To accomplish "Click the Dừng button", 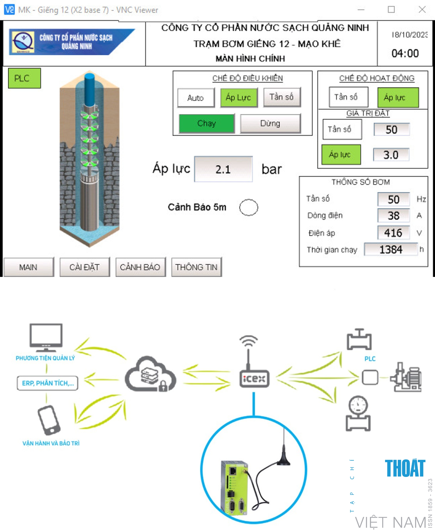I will pyautogui.click(x=270, y=123).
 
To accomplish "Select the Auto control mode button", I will pyautogui.click(x=196, y=98).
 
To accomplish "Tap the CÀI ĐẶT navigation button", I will pyautogui.click(x=85, y=267).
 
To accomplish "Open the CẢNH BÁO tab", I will pyautogui.click(x=140, y=267).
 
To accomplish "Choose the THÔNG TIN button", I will pyautogui.click(x=196, y=267).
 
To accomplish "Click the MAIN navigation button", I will pyautogui.click(x=28, y=267).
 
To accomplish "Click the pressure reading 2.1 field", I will pyautogui.click(x=223, y=170).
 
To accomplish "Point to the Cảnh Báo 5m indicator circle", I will pyautogui.click(x=249, y=207).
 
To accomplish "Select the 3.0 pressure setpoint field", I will pyautogui.click(x=391, y=155).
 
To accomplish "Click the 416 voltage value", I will pyautogui.click(x=393, y=233).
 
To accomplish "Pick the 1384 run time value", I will pyautogui.click(x=391, y=249).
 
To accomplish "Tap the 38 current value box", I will pyautogui.click(x=393, y=216).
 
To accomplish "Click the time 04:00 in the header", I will pyautogui.click(x=405, y=53).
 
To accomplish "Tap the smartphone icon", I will pyautogui.click(x=49, y=420).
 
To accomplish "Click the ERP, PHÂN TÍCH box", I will pyautogui.click(x=48, y=383).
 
